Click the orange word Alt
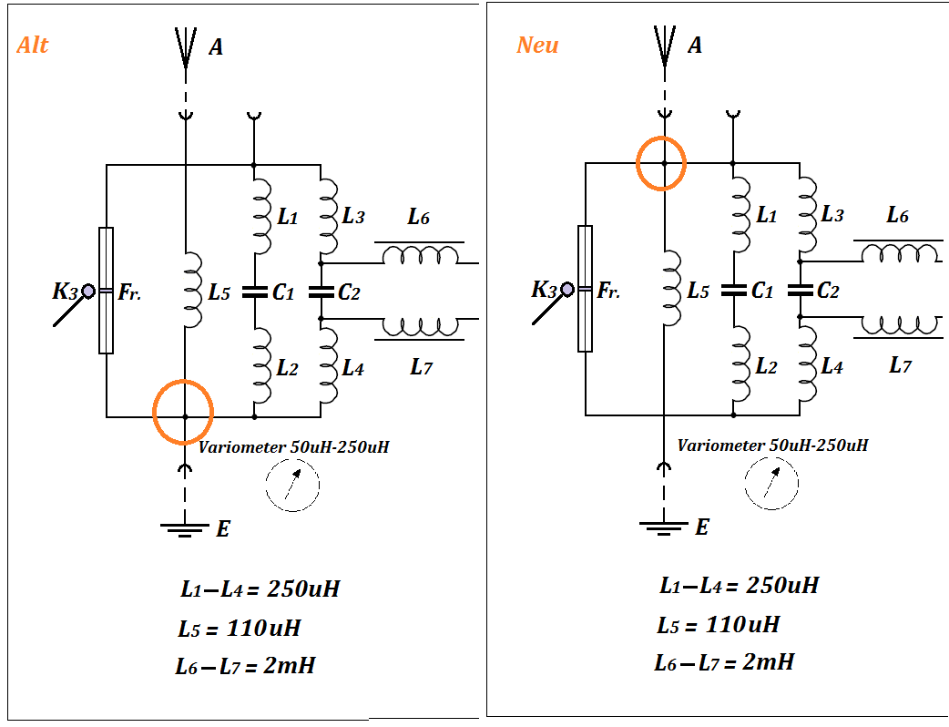pos(33,45)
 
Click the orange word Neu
pos(537,45)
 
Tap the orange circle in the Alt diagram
pos(183,412)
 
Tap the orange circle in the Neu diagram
pos(660,163)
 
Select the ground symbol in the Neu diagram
pos(664,527)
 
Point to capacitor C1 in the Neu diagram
pos(734,291)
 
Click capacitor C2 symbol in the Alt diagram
pos(321,292)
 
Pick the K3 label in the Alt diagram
pos(66,292)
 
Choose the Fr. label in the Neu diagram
pos(608,292)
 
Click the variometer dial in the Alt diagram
pos(292,485)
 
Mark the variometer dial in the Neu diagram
pos(771,483)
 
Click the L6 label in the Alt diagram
pos(418,217)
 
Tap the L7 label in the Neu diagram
pos(900,366)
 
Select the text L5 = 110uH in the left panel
pos(240,629)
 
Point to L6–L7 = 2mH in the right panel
pos(723,662)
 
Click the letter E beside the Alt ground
pos(223,528)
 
